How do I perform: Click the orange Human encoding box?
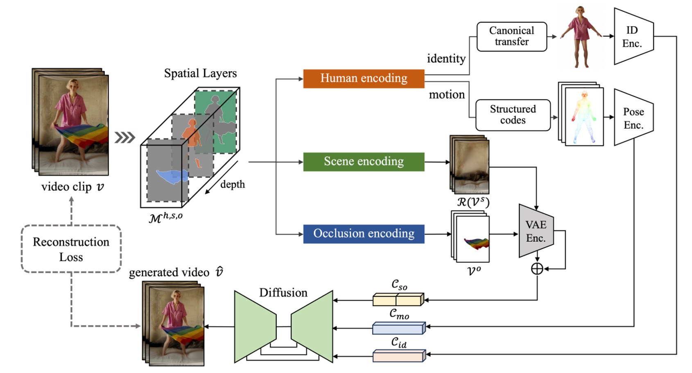364,79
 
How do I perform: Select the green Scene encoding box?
364,162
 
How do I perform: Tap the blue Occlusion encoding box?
364,234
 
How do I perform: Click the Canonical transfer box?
511,36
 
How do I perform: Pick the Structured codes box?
513,115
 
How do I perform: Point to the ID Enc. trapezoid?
633,37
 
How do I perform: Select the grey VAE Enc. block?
536,231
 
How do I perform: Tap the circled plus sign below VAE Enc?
537,269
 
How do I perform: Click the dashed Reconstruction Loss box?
71,249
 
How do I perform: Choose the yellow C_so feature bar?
398,300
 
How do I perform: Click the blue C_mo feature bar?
398,328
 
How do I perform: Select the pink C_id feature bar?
398,356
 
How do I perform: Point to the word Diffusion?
283,293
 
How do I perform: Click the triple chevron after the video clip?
124,138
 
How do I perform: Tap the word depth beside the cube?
233,185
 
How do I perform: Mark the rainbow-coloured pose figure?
584,117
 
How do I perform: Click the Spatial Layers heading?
200,73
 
